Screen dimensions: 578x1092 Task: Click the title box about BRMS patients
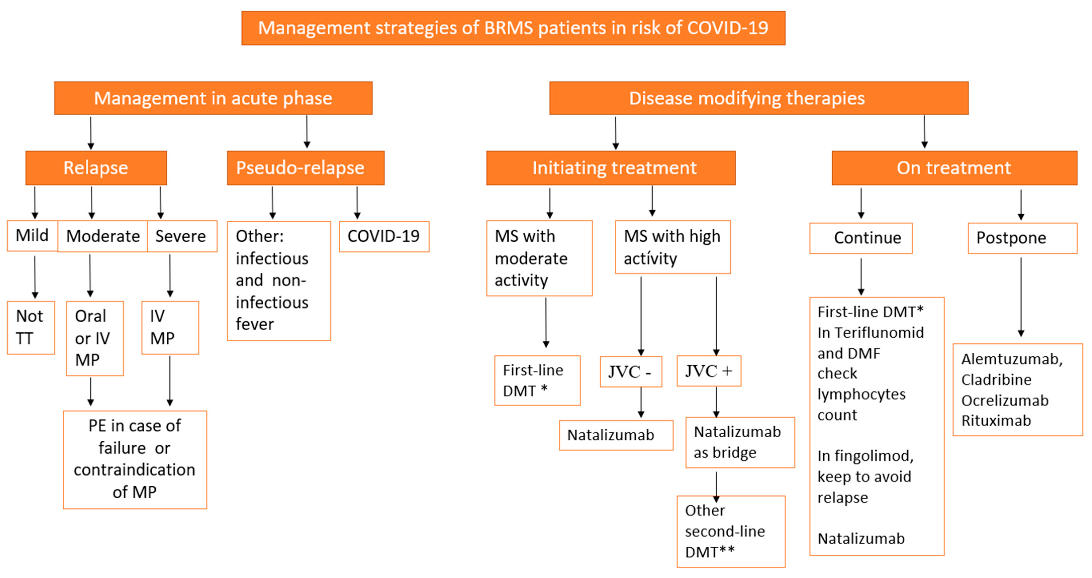click(x=513, y=28)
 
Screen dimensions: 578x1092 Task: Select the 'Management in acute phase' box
click(x=213, y=98)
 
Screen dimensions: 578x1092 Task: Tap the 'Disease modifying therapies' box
click(x=758, y=98)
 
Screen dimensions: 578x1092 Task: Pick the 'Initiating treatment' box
click(x=610, y=168)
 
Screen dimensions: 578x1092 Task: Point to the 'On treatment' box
click(x=954, y=168)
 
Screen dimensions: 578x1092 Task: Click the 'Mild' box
click(x=32, y=236)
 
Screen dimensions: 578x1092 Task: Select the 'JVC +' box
click(x=708, y=371)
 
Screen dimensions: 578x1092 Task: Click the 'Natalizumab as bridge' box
click(x=739, y=442)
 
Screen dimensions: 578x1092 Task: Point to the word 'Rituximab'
click(x=996, y=421)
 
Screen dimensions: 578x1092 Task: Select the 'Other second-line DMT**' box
click(x=730, y=531)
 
